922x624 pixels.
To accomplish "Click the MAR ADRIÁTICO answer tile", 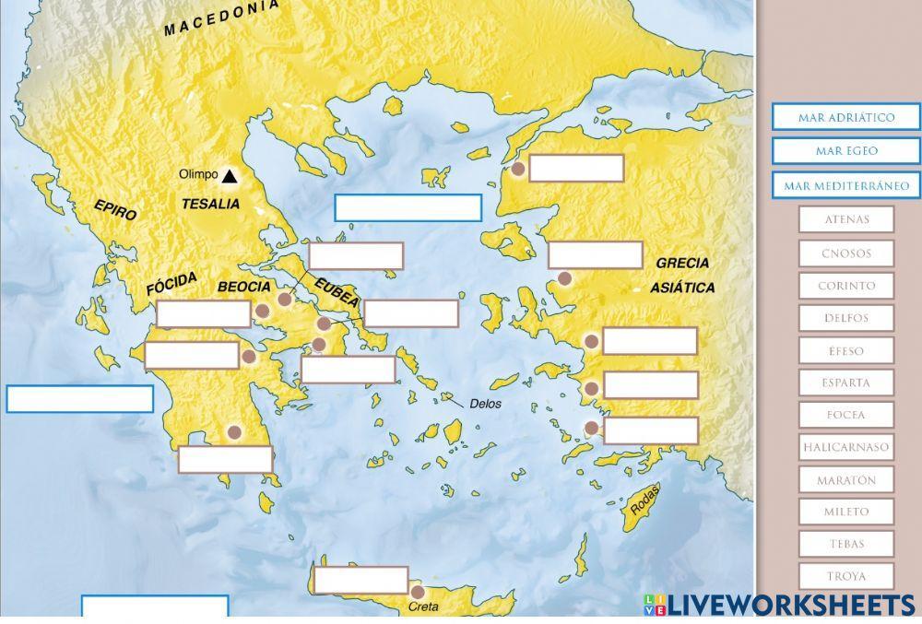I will point(846,118).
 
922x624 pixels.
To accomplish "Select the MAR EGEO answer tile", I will point(846,151).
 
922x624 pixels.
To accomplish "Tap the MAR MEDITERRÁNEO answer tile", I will point(846,185).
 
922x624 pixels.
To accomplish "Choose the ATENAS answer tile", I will point(846,219).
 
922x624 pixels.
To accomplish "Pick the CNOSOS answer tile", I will point(846,253).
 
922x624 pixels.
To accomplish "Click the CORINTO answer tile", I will point(846,286).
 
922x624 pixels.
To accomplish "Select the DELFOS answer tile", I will point(846,318).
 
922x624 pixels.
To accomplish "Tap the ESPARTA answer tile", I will point(846,383).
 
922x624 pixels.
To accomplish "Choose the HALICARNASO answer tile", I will point(846,447).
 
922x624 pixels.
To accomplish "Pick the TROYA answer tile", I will point(846,576).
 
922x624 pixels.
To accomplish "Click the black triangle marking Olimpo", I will point(229,175).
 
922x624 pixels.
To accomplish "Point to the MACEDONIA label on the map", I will point(221,18).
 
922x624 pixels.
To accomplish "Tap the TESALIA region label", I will point(210,204).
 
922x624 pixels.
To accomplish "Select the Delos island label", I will point(485,403).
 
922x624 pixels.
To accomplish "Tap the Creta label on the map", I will point(423,607).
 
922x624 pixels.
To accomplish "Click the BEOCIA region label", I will point(244,287).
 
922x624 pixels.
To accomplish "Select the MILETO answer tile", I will point(846,512).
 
